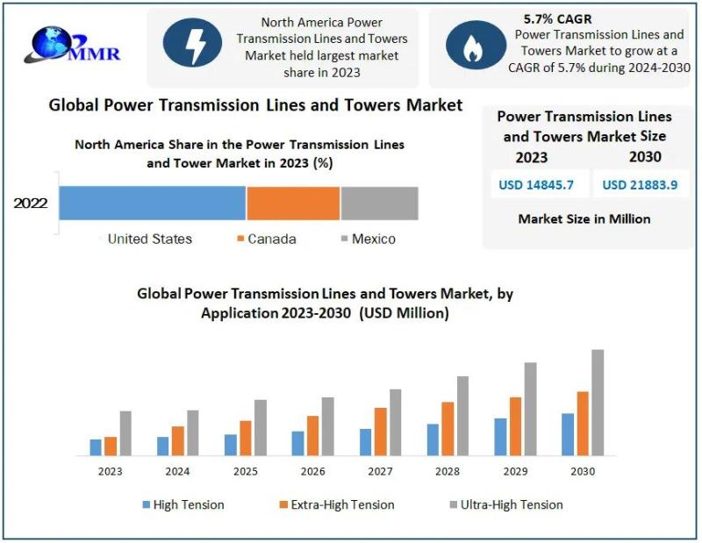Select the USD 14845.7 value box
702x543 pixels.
point(538,184)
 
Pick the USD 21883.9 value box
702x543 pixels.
point(641,184)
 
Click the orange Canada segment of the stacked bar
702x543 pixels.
point(293,203)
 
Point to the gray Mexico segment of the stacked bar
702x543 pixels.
point(379,203)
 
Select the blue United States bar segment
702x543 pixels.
point(152,203)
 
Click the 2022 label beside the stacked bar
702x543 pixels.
point(31,205)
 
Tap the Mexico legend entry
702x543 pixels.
point(369,239)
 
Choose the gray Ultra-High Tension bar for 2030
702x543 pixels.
point(598,403)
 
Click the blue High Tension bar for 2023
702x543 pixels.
point(96,447)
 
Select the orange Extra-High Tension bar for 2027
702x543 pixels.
point(380,432)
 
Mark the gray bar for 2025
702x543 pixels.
point(261,427)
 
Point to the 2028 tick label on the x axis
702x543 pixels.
point(447,472)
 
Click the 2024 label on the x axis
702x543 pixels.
point(177,472)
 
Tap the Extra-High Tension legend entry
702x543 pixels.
point(336,504)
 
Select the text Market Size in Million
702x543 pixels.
point(584,218)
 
